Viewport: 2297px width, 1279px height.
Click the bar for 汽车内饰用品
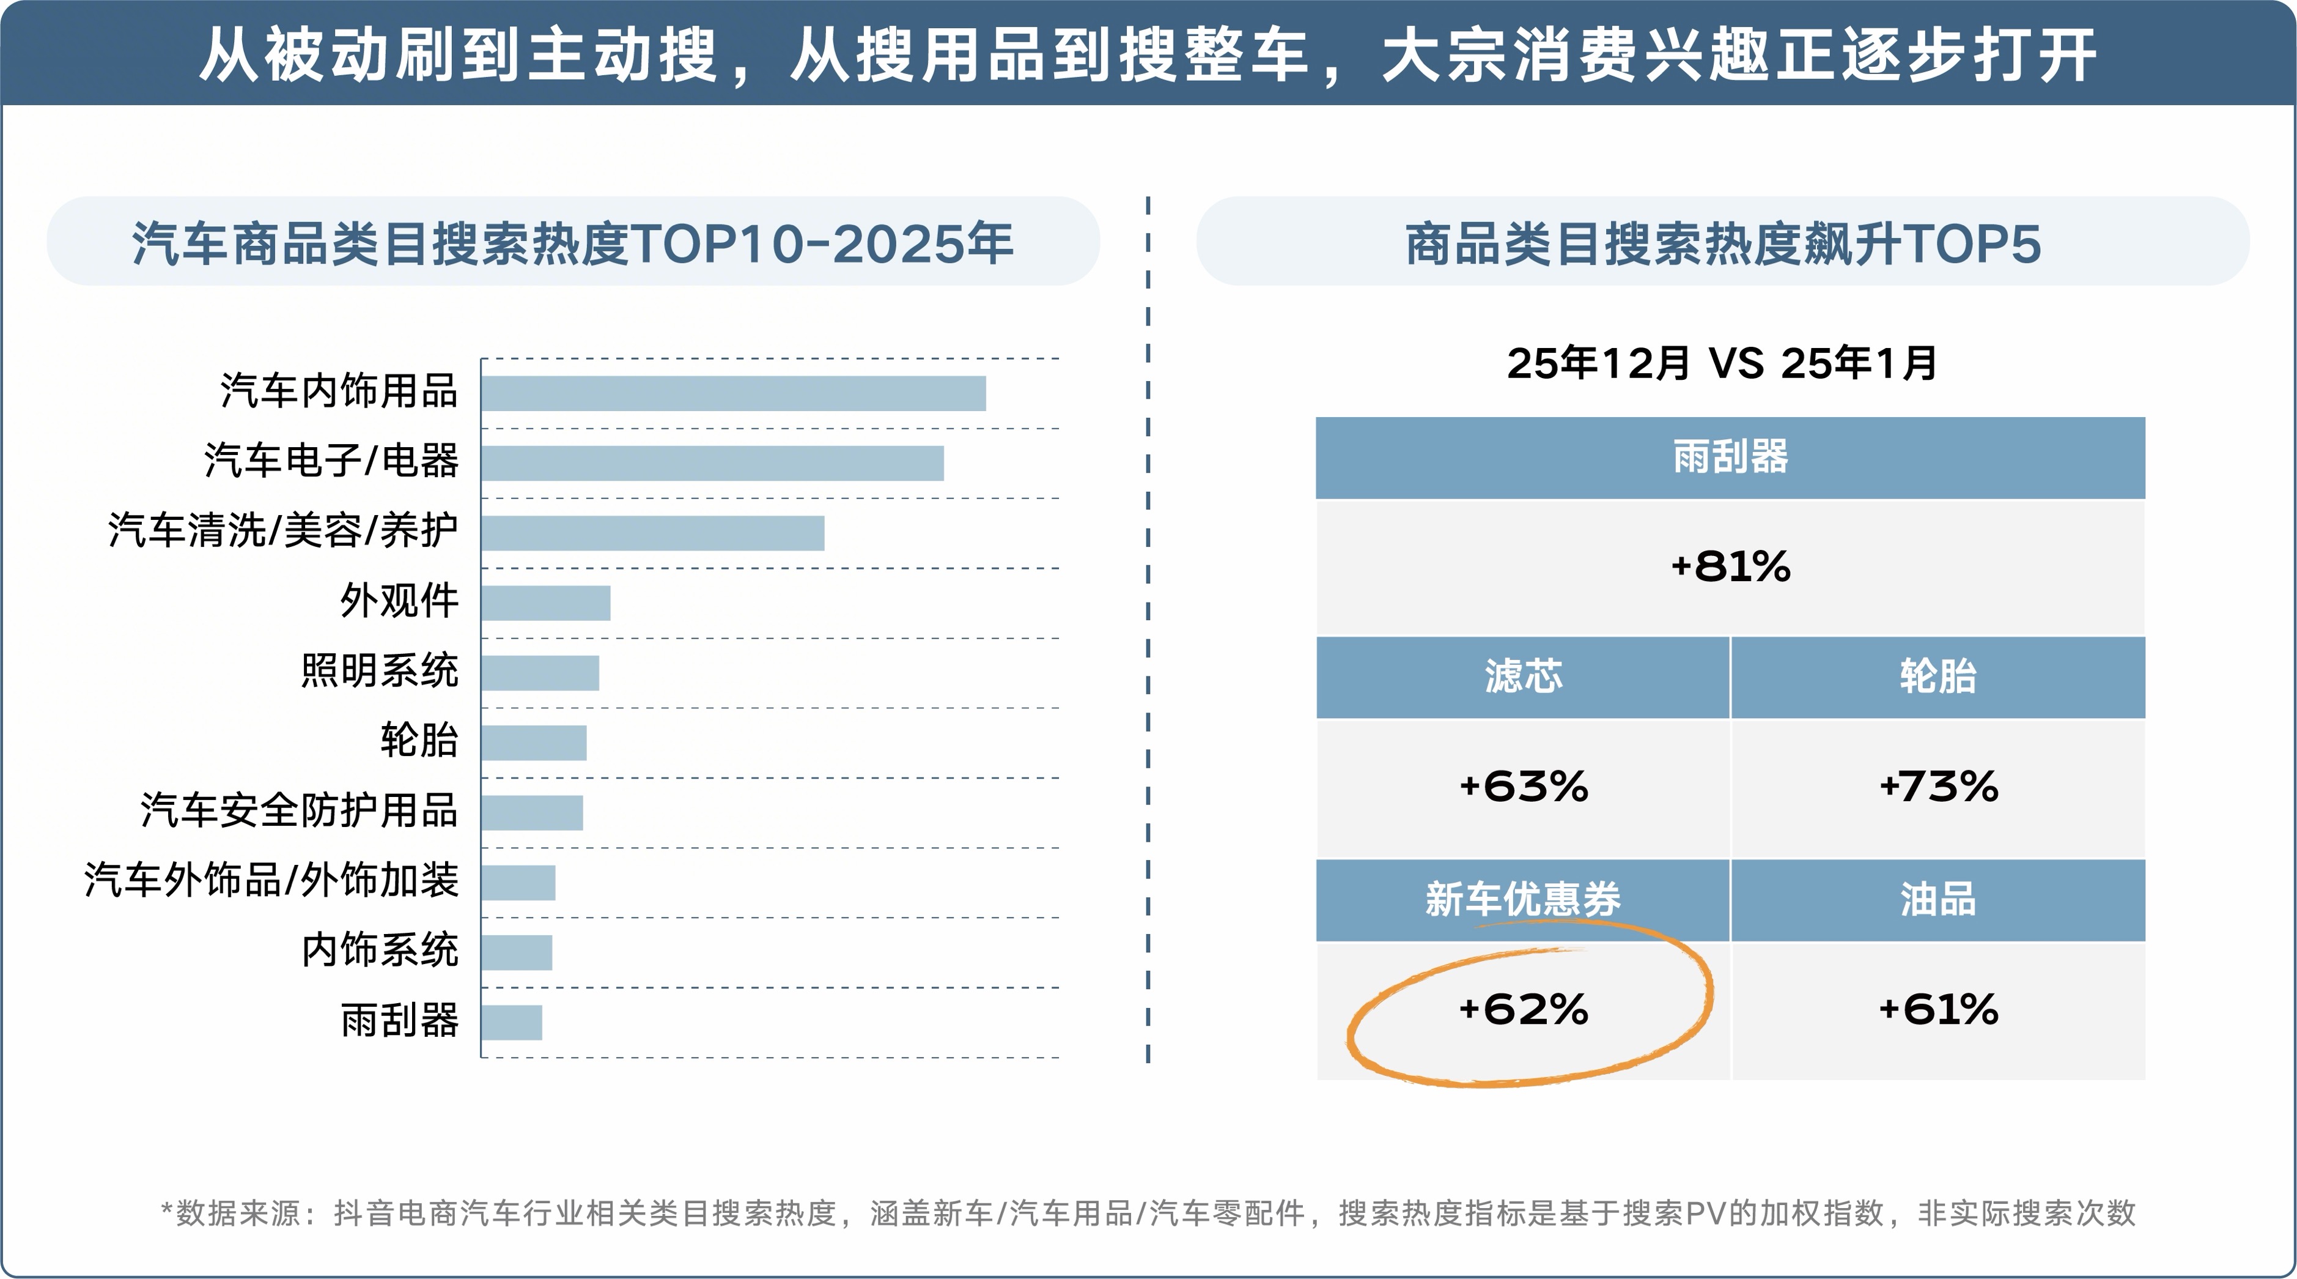point(733,393)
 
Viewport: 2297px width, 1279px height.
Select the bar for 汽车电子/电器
point(712,463)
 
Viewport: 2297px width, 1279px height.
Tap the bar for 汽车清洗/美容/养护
point(653,533)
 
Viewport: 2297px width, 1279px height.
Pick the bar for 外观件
point(546,603)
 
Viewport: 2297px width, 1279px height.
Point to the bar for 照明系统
point(540,672)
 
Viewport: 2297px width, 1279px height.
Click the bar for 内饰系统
point(517,952)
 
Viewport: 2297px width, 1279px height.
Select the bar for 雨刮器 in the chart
point(512,1022)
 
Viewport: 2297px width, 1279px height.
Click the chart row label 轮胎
point(419,740)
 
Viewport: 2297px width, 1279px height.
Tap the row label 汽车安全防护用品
point(299,810)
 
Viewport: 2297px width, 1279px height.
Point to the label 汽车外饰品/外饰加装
point(271,880)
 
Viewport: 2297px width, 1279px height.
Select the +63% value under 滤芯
point(1523,787)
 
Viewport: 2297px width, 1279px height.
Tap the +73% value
point(1938,787)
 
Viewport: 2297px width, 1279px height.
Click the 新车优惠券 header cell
point(1523,899)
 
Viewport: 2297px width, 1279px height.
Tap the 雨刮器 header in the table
point(1730,457)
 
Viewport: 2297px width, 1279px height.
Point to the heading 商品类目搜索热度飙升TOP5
point(1723,243)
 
